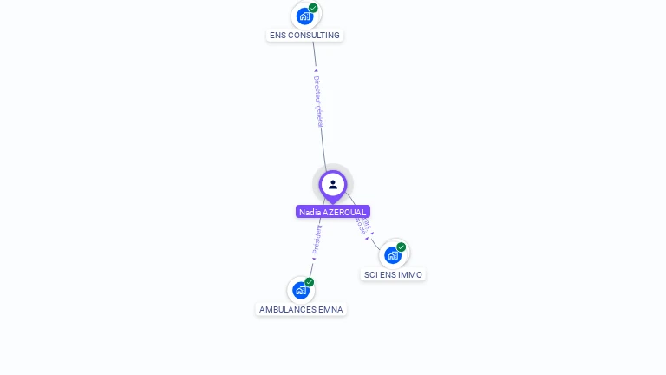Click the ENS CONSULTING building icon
[304, 16]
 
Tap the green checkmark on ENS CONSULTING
[313, 8]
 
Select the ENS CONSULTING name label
[304, 36]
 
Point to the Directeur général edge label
[318, 101]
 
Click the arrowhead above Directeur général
[316, 71]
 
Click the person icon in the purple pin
[333, 184]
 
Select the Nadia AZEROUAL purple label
[333, 212]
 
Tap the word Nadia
[309, 212]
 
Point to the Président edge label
[317, 240]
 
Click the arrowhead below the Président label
[314, 258]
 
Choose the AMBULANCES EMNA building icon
[300, 290]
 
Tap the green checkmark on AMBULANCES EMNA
[309, 282]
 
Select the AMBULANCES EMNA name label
[301, 310]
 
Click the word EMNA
[330, 310]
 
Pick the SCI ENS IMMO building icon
[393, 254]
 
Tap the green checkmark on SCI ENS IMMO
[401, 247]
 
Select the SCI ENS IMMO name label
[393, 274]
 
